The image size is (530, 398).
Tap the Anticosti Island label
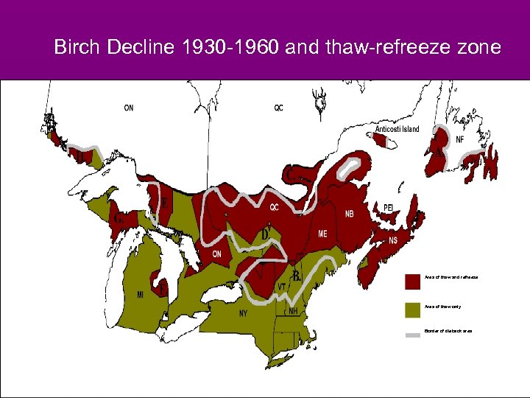397,129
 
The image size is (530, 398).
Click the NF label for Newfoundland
459,139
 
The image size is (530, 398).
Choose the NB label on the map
349,214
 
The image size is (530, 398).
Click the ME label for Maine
322,234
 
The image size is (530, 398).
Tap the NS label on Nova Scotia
393,240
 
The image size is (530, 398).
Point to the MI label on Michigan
140,295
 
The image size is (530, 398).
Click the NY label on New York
244,313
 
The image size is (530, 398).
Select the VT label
281,287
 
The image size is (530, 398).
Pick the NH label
293,311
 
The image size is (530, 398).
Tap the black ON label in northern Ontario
129,108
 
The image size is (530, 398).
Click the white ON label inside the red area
216,254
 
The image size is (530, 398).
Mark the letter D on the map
265,234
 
